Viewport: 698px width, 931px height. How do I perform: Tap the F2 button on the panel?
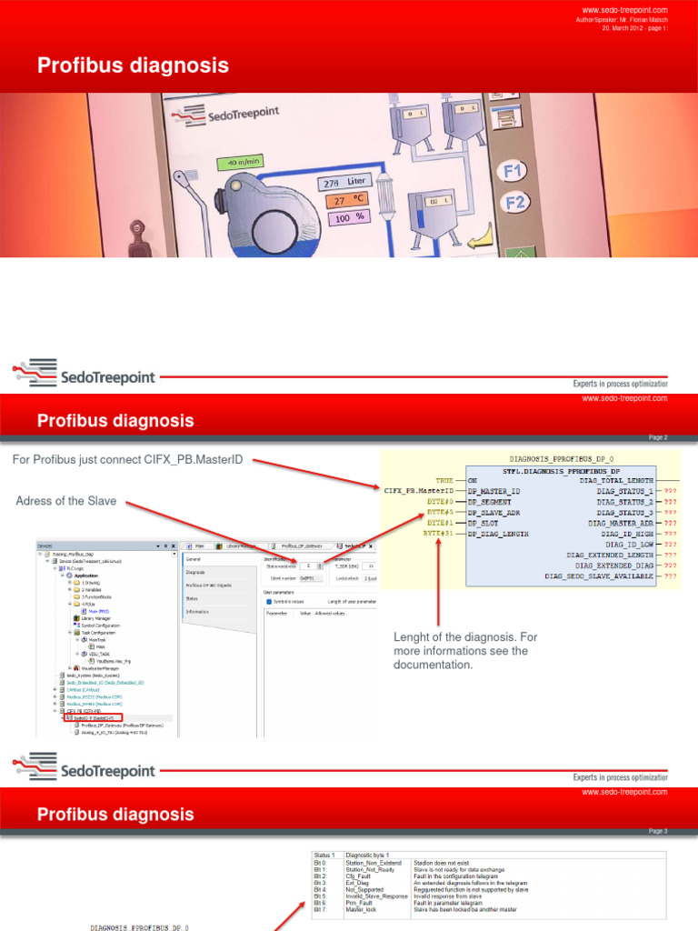click(x=514, y=202)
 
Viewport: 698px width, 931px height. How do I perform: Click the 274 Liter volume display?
click(x=341, y=184)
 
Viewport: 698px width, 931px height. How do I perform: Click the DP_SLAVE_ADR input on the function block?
click(x=495, y=513)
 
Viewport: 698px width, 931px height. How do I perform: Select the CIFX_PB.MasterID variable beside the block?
click(x=419, y=491)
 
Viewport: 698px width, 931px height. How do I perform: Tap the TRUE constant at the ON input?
click(x=444, y=480)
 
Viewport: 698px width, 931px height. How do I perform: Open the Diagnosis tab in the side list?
click(x=196, y=573)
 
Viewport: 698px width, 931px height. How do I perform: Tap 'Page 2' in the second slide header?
click(x=658, y=437)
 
